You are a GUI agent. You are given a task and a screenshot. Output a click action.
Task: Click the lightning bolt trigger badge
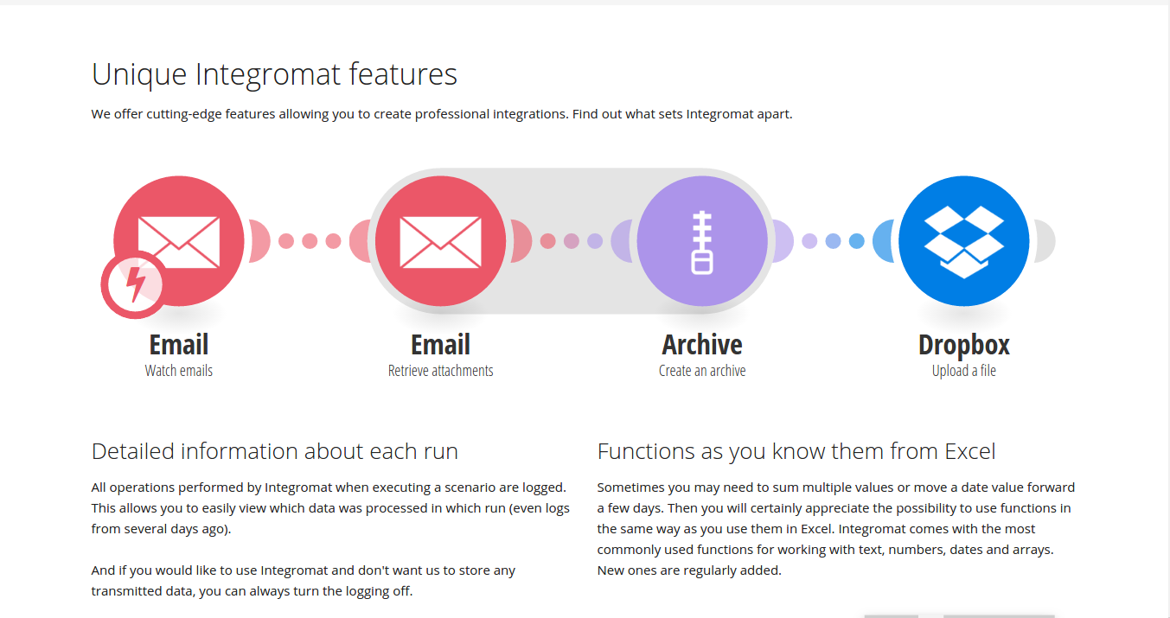135,285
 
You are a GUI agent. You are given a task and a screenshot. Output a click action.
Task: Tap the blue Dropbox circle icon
963,241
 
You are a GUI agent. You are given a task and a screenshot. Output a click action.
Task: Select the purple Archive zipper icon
702,241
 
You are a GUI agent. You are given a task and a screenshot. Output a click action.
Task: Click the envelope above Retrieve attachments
440,242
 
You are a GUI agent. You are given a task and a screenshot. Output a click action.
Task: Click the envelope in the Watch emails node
179,242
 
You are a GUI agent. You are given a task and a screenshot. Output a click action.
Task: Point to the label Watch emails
179,371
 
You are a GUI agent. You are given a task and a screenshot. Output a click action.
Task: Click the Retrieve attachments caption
440,371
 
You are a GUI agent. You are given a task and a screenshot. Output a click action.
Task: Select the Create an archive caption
702,371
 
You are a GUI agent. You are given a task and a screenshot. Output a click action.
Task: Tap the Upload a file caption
963,371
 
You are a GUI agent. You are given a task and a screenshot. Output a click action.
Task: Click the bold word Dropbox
963,345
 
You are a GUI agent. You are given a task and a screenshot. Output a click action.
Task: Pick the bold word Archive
702,345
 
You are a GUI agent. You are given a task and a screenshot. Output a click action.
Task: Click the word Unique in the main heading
139,75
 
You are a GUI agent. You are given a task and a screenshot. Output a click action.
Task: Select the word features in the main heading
403,73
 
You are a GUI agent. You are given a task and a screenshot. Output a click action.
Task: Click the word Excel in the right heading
969,451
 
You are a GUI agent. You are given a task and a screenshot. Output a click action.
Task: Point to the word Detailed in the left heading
132,451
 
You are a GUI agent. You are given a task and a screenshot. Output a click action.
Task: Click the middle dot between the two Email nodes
310,241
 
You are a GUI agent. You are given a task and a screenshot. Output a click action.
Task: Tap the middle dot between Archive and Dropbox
833,241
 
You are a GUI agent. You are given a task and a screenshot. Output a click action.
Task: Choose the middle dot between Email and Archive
572,241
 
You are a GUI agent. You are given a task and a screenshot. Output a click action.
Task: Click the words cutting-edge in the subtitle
184,114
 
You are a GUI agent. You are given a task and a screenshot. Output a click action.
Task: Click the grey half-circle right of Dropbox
1045,241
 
